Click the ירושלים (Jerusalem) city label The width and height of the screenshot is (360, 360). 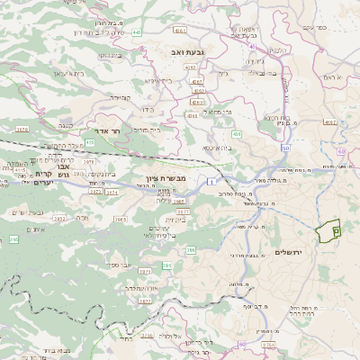point(290,251)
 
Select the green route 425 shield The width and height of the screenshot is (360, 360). point(90,141)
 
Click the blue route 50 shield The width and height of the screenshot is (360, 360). point(285,147)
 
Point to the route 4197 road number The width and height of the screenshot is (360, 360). point(329,121)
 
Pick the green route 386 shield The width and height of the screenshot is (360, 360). point(167,266)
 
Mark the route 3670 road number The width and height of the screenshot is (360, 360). point(22,129)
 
